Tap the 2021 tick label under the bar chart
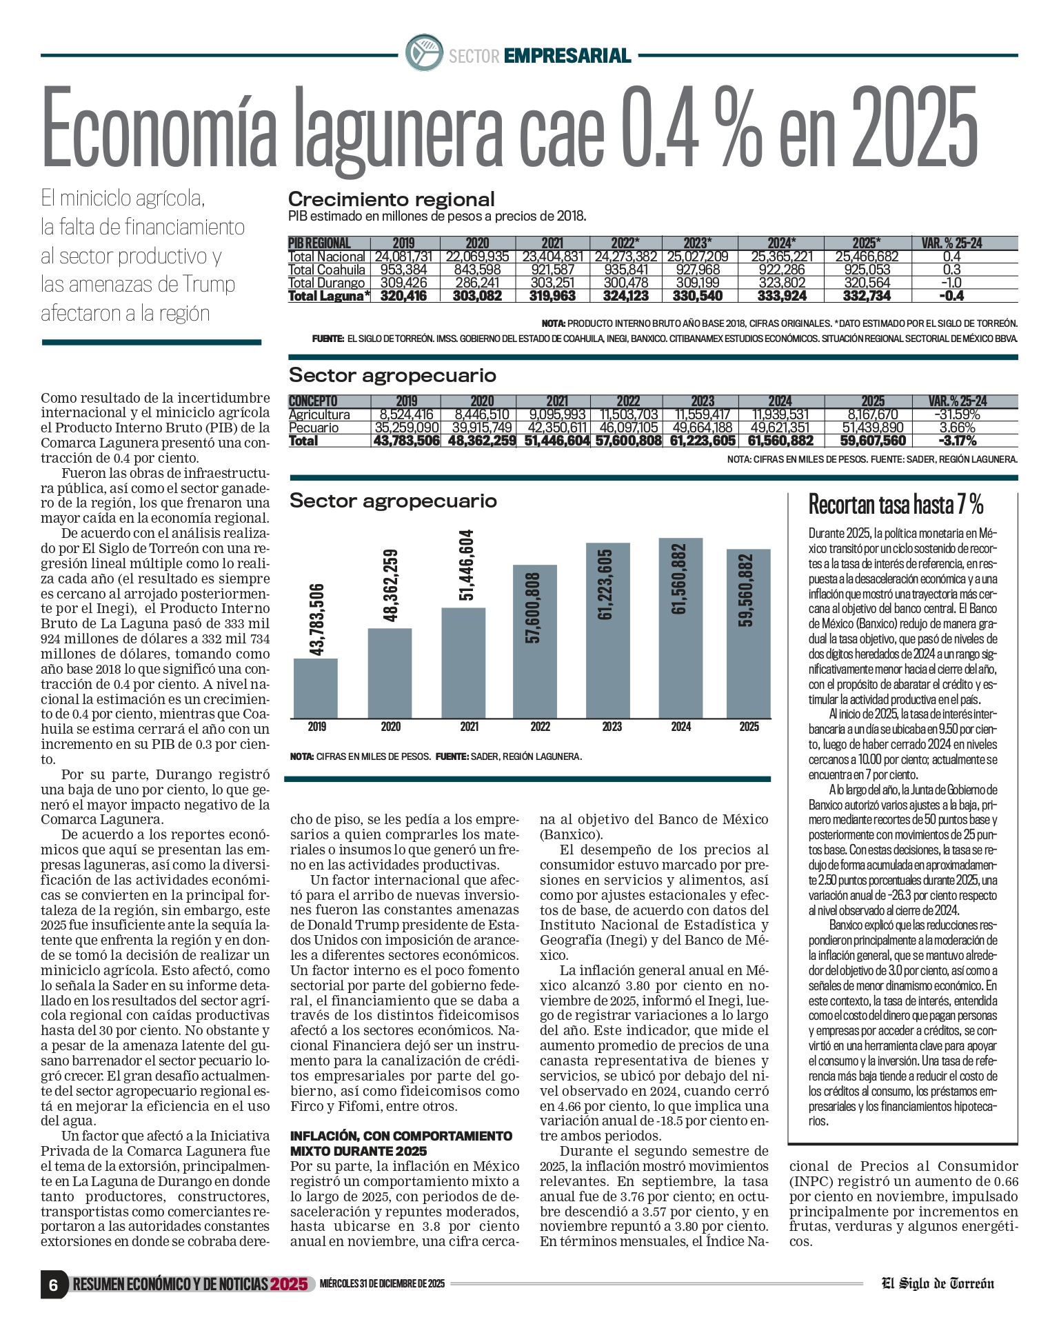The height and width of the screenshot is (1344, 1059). (x=470, y=727)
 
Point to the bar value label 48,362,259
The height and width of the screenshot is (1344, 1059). (x=390, y=585)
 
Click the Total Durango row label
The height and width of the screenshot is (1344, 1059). (x=326, y=283)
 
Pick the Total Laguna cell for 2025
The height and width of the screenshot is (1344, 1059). (x=866, y=296)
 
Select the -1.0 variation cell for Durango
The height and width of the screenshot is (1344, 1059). (x=951, y=283)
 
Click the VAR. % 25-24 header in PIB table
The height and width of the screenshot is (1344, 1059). (x=951, y=243)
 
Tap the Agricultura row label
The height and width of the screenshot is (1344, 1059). (x=319, y=414)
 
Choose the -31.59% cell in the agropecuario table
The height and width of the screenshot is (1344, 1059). (x=957, y=414)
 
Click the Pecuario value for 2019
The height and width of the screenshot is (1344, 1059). (x=405, y=428)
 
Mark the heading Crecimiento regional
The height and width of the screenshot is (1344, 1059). (x=391, y=199)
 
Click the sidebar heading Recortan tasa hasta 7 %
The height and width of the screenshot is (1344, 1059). (x=896, y=505)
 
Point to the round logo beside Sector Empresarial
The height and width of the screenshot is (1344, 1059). (x=424, y=53)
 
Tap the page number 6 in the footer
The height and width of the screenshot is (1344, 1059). (x=53, y=1285)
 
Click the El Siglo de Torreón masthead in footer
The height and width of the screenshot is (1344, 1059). (x=938, y=1283)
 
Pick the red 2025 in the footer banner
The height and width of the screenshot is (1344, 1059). (x=289, y=1284)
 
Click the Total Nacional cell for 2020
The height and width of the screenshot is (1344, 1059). (x=477, y=257)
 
